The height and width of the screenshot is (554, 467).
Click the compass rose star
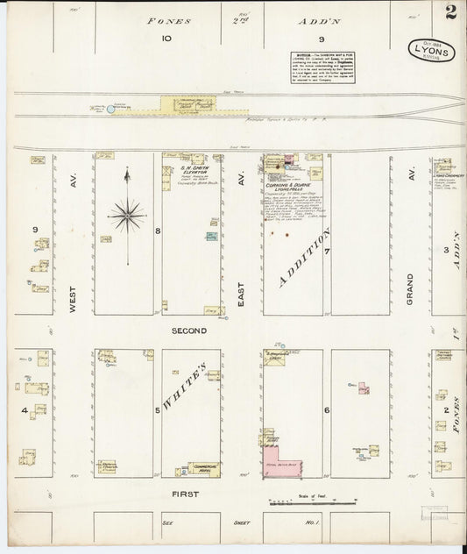coord(127,212)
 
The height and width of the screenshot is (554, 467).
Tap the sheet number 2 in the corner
coord(449,14)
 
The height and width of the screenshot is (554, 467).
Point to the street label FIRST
coord(185,494)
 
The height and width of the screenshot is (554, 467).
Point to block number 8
coord(158,231)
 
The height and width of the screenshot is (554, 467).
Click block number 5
coord(158,409)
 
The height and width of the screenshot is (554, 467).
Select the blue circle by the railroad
coord(110,109)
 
